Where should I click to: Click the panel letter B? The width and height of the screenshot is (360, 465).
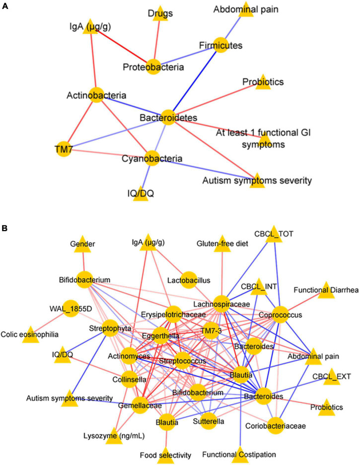[5, 231]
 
